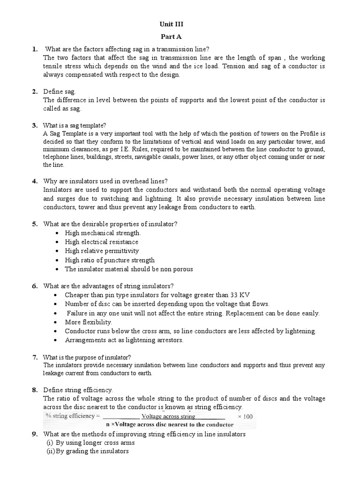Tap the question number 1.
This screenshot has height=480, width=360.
[34, 49]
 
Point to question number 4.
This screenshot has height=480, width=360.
[34, 181]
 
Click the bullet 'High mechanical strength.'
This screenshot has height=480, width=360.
[103, 233]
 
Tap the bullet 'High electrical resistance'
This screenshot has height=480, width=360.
[101, 242]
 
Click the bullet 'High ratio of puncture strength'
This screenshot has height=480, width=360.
[109, 260]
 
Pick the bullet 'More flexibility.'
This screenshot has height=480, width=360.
[88, 322]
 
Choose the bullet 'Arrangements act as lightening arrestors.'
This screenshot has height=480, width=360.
[124, 340]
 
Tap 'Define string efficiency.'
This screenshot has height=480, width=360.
[78, 390]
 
